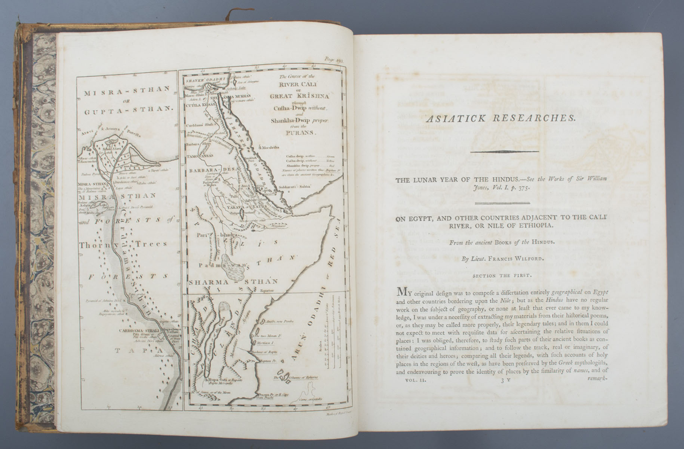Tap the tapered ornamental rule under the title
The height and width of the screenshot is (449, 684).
pos(504,152)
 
